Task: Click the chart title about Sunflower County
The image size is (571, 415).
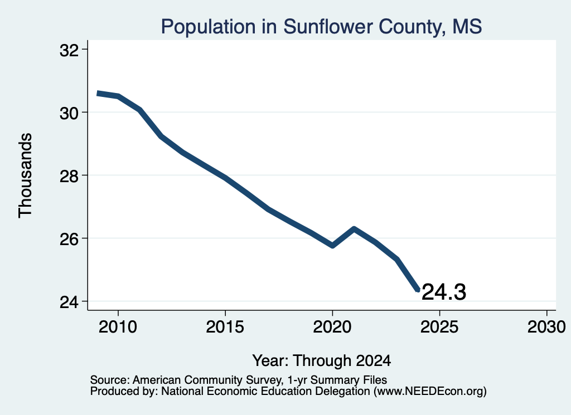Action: tap(322, 27)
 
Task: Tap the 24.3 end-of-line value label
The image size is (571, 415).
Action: tap(443, 292)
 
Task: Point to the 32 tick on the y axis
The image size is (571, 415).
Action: tap(69, 50)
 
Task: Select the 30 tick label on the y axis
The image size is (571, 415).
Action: tap(69, 113)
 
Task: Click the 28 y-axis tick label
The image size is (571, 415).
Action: tap(69, 176)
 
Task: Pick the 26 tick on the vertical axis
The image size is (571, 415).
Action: tap(69, 239)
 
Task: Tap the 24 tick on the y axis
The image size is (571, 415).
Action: tap(69, 302)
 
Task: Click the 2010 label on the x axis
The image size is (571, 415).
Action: tap(118, 326)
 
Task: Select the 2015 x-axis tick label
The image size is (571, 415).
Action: tap(225, 326)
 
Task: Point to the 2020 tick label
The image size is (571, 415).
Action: tap(332, 326)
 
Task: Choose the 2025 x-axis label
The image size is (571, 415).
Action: tap(439, 326)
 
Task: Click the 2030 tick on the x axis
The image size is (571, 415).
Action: tap(546, 326)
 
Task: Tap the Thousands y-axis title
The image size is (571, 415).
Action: tap(25, 175)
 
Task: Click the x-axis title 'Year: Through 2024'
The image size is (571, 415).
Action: tap(322, 360)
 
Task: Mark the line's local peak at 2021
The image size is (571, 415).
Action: tap(354, 229)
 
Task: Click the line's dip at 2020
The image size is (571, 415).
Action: tap(332, 246)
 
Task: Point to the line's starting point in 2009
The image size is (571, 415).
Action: tap(98, 94)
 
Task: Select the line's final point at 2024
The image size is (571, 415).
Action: tap(418, 290)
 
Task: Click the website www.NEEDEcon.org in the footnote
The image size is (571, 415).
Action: tap(430, 392)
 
